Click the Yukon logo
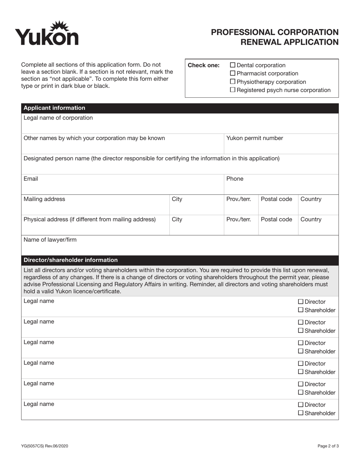(x=47, y=34)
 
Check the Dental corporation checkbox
(x=233, y=65)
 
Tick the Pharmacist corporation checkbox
(x=233, y=73)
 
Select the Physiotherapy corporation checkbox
(x=233, y=82)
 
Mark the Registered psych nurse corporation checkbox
(x=233, y=90)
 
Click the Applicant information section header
(x=54, y=108)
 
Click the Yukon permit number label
(x=254, y=138)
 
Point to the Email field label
(x=31, y=179)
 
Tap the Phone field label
(x=235, y=179)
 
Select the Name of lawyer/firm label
(x=50, y=240)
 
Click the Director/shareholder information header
(x=70, y=260)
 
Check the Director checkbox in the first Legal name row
(x=301, y=302)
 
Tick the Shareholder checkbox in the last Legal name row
(x=301, y=413)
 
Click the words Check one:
(x=203, y=65)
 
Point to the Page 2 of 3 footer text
(x=328, y=446)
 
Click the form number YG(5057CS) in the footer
(x=35, y=446)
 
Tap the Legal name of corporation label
(x=58, y=118)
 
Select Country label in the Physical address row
(x=311, y=220)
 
